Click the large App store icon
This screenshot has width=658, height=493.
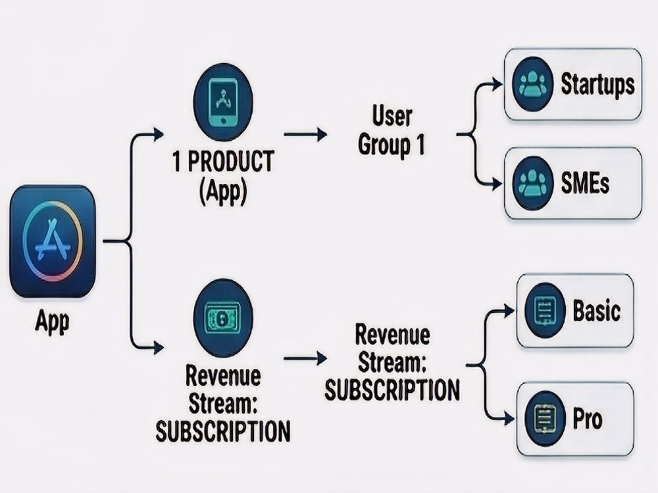pyautogui.click(x=53, y=241)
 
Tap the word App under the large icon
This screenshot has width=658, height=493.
pyautogui.click(x=53, y=322)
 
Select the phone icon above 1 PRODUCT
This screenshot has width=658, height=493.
pyautogui.click(x=223, y=103)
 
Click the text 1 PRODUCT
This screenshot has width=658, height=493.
pyautogui.click(x=223, y=161)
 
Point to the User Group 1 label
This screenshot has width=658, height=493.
pyautogui.click(x=392, y=131)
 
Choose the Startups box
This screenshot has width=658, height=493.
pyautogui.click(x=573, y=84)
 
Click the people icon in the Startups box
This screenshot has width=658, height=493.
pyautogui.click(x=532, y=84)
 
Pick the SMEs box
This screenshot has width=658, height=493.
pyautogui.click(x=573, y=183)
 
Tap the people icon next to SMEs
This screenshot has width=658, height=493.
pyautogui.click(x=532, y=183)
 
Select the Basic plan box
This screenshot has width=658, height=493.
pyautogui.click(x=575, y=311)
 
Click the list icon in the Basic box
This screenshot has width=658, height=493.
pyautogui.click(x=545, y=311)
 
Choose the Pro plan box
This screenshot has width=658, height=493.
pyautogui.click(x=575, y=419)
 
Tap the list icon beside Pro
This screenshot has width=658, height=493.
pyautogui.click(x=545, y=418)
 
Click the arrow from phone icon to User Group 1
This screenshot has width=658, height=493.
pyautogui.click(x=305, y=134)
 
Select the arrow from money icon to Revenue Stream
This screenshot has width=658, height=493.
pyautogui.click(x=305, y=358)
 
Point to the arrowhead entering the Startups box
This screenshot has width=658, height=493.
pyautogui.click(x=497, y=84)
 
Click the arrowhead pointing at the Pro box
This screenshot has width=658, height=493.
pyautogui.click(x=509, y=418)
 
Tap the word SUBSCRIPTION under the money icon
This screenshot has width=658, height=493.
pyautogui.click(x=223, y=431)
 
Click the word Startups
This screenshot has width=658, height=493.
pyautogui.click(x=597, y=84)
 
